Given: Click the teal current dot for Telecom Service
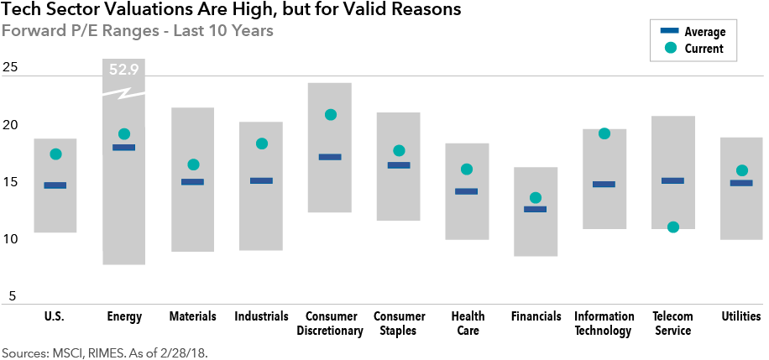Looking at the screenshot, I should coord(673,227).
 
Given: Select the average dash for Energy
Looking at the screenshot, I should coord(124,148).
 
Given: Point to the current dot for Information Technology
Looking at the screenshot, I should coord(604,133).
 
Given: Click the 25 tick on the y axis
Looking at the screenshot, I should coord(10,68).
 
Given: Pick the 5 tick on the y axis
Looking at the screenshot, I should coord(13,295).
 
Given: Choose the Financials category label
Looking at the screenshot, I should coord(536,316).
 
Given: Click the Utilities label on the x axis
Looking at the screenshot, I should coord(741,316).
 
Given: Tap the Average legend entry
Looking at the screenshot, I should coord(704,32).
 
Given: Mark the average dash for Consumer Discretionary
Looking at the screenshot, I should coord(330,157).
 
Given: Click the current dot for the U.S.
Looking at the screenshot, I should coord(56,154).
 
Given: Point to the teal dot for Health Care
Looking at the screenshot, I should coord(467,170).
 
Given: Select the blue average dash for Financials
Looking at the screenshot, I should coord(536,209).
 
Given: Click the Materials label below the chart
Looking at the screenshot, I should coord(192,316).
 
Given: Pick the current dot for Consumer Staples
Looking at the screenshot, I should coord(399,151).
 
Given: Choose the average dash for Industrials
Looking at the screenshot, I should coord(261,180).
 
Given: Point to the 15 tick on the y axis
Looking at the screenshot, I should coord(10,182).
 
